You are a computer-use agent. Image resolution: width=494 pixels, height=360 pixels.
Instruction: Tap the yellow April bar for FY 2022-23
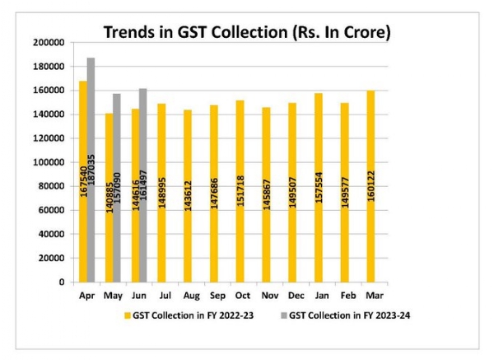point(82,181)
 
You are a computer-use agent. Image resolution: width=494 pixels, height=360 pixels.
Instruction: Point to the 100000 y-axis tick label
point(49,162)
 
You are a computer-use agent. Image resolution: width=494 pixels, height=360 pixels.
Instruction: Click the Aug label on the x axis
point(189,294)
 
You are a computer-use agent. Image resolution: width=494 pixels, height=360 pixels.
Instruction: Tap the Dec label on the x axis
point(292,294)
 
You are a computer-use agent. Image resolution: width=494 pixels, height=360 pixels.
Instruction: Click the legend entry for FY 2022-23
point(181,315)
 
